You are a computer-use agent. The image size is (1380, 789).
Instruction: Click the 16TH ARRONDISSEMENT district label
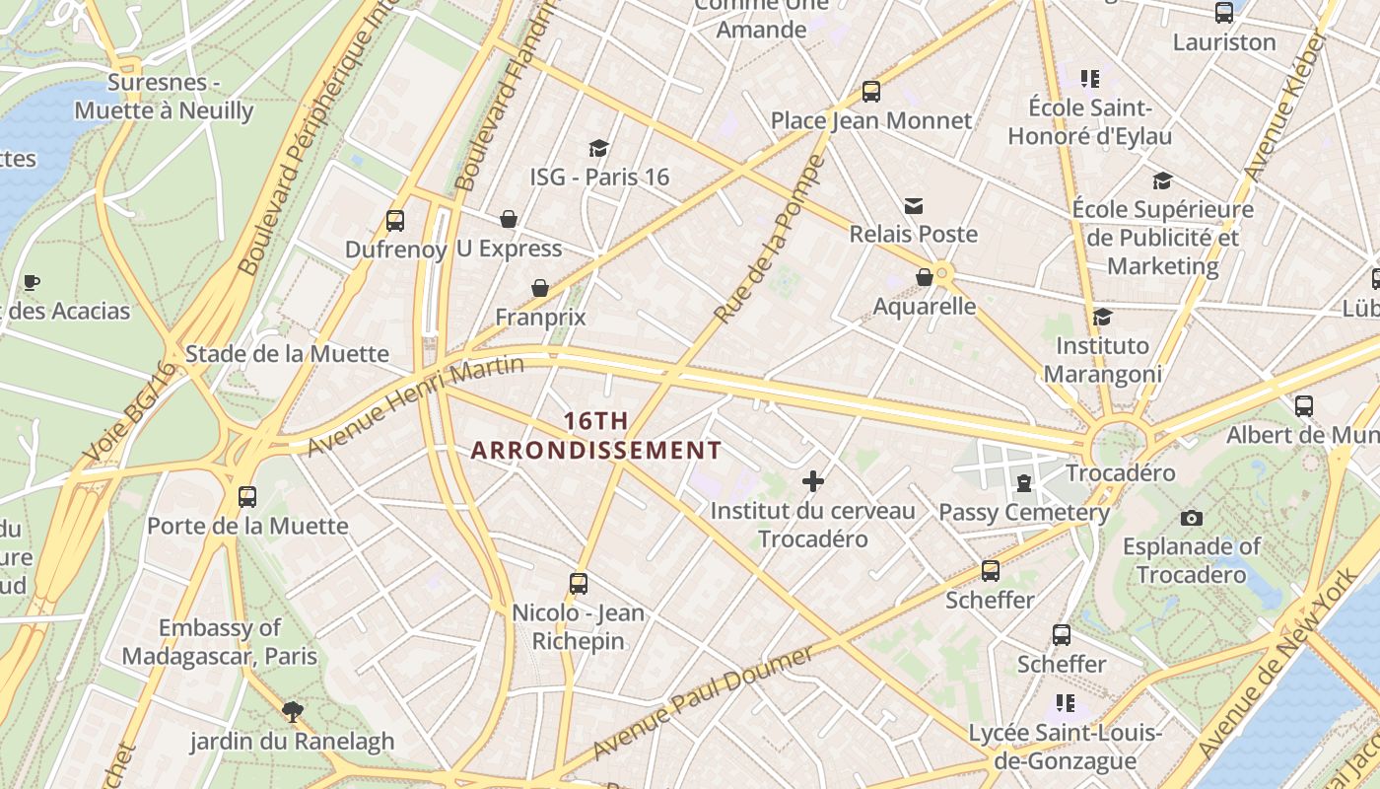pos(595,436)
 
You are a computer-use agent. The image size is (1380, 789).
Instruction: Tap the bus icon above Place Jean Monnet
pos(870,92)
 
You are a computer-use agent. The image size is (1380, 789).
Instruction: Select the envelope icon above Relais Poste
pos(914,206)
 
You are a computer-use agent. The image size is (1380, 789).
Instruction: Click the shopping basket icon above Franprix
pos(540,288)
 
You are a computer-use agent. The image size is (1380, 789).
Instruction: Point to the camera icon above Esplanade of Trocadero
pos(1191,518)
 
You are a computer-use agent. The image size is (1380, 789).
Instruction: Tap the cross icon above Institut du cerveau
pos(813,481)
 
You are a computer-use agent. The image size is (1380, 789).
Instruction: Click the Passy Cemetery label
pos(1024,512)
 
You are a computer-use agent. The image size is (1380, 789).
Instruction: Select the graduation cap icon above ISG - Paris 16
pos(598,148)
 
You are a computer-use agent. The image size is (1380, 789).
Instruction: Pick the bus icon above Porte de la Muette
pos(247,496)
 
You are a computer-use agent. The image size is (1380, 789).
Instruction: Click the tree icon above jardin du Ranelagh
pos(292,711)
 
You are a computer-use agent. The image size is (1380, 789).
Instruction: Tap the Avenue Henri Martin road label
pos(415,405)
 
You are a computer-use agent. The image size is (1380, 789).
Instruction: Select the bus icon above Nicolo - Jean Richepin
pos(579,583)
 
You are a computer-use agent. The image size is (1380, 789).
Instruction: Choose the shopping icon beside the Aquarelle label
pos(925,277)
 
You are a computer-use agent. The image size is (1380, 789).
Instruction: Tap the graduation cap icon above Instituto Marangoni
pos(1102,317)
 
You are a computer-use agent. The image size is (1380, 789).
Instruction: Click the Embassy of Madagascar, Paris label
pos(220,642)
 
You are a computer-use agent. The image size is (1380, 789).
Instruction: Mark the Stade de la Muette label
pos(287,354)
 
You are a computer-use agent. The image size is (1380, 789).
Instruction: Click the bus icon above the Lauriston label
pos(1224,13)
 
